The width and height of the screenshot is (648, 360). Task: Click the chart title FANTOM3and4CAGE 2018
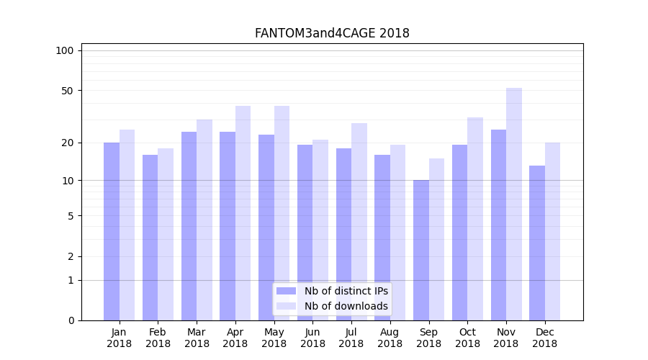pos(332,33)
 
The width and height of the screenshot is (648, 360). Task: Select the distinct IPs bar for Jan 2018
pos(112,230)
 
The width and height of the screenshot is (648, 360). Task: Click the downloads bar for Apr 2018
pos(243,213)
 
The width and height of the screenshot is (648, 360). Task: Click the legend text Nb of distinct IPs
pos(346,291)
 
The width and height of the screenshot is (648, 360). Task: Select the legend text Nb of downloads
pos(346,306)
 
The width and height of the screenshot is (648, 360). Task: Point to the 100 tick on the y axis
pos(65,50)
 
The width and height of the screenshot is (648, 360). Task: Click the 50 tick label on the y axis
pos(68,91)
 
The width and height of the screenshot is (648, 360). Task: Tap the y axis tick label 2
pos(71,256)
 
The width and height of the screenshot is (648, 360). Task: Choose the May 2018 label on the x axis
pos(274,338)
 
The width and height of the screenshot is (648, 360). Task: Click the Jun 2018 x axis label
pos(312,338)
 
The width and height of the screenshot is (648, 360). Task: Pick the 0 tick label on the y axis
pos(71,320)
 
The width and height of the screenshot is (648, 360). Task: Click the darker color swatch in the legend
pos(287,291)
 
